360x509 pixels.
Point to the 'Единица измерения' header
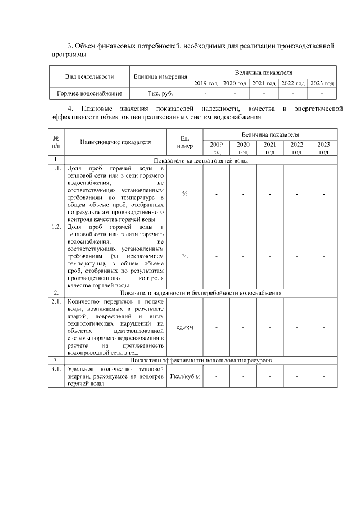click(x=160, y=76)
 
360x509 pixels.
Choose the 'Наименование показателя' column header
click(x=116, y=142)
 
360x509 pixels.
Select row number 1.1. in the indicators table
click(x=56, y=168)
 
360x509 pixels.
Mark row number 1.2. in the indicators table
click(x=56, y=227)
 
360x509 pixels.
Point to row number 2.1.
click(x=56, y=302)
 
